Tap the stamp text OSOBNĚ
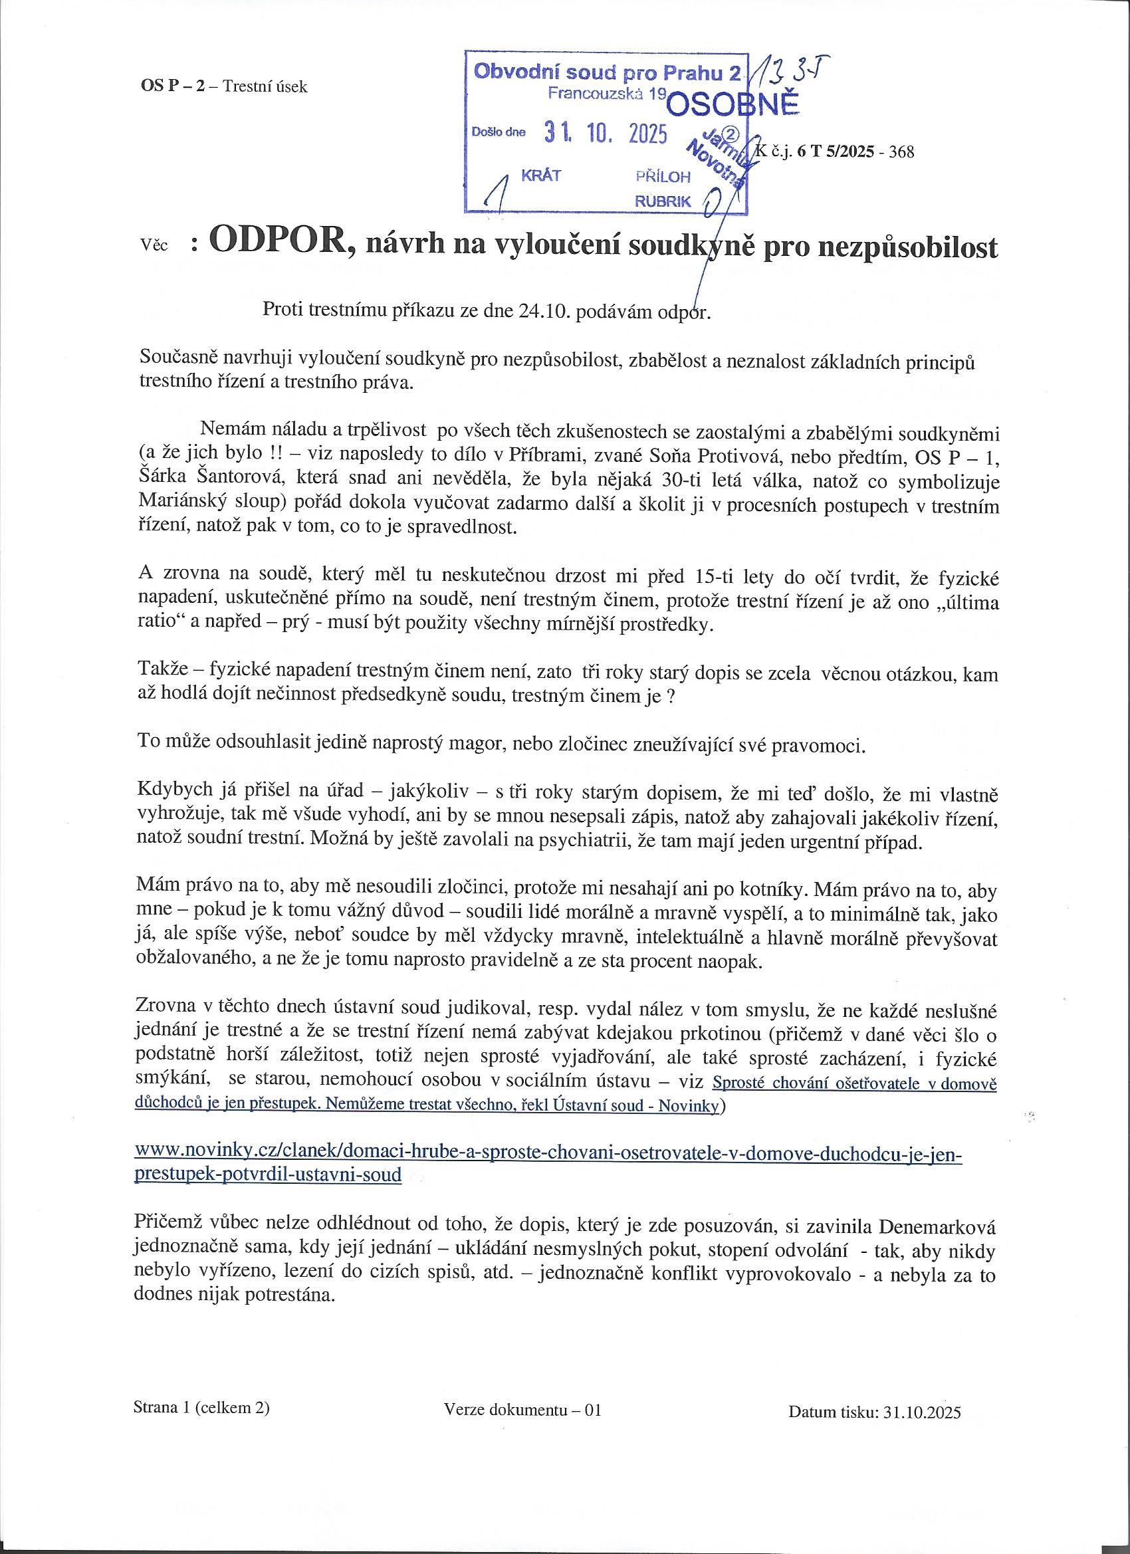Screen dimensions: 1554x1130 pyautogui.click(x=733, y=105)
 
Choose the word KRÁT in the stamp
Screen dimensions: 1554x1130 pyautogui.click(x=540, y=176)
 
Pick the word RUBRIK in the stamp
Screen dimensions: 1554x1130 pyautogui.click(x=663, y=201)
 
